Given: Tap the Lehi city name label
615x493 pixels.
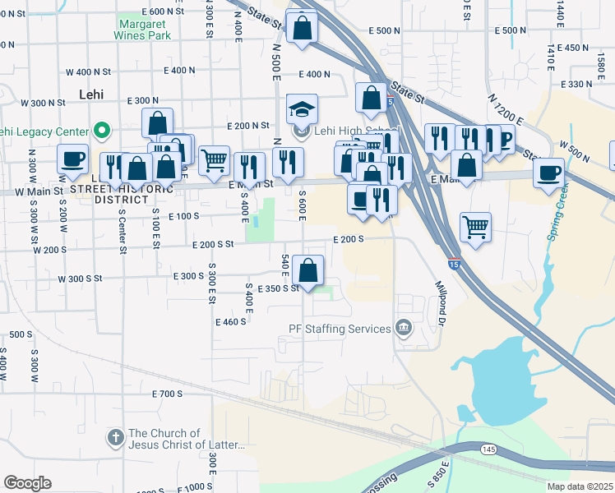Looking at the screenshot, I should pyautogui.click(x=91, y=94).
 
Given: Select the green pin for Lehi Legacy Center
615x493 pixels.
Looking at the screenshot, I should pyautogui.click(x=102, y=130).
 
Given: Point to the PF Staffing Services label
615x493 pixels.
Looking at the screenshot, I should pyautogui.click(x=340, y=329).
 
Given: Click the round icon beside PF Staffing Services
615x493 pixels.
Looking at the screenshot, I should pyautogui.click(x=404, y=329).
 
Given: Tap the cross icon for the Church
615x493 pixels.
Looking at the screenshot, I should pyautogui.click(x=116, y=439).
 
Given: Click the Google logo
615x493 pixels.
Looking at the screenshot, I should pyautogui.click(x=27, y=483).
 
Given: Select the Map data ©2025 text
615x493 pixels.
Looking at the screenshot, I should pyautogui.click(x=580, y=486).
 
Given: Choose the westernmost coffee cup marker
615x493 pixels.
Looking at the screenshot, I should pyautogui.click(x=72, y=161).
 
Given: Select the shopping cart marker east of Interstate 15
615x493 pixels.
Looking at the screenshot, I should pyautogui.click(x=475, y=228).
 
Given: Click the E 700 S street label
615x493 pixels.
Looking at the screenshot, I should pyautogui.click(x=167, y=394).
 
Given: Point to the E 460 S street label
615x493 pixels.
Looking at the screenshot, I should pyautogui.click(x=231, y=321).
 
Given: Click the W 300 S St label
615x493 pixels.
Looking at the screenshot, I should pyautogui.click(x=80, y=279).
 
